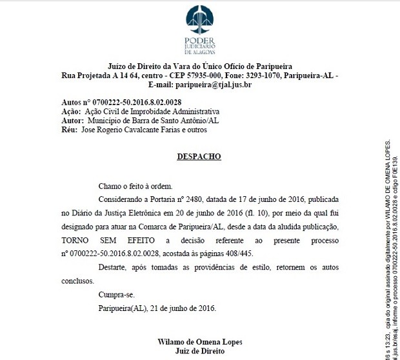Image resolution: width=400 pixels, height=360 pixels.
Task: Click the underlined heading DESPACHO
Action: tap(199, 156)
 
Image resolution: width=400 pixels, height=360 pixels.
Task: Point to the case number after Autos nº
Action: tap(138, 103)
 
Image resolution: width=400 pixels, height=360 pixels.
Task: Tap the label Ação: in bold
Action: tap(71, 112)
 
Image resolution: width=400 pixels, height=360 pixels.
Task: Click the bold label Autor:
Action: tap(72, 121)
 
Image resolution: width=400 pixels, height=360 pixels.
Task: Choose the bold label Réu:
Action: tap(70, 130)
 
